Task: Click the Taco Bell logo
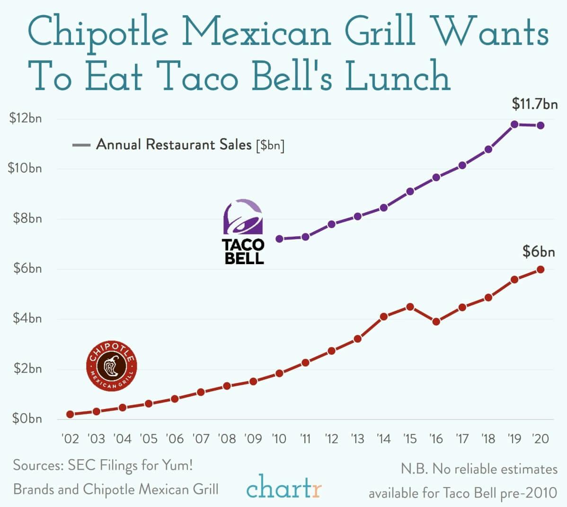[243, 231]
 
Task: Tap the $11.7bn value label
[535, 104]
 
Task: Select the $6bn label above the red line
[539, 252]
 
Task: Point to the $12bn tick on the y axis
[26, 118]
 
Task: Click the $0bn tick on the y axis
[26, 419]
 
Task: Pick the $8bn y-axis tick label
[26, 219]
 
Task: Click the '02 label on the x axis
[71, 439]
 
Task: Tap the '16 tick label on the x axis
[436, 439]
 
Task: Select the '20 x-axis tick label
[540, 439]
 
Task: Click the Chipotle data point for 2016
[436, 322]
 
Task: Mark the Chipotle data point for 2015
[410, 307]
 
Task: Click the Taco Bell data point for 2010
[279, 239]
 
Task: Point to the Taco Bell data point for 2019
[514, 125]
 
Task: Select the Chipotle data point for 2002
[71, 414]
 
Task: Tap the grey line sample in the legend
[81, 145]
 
